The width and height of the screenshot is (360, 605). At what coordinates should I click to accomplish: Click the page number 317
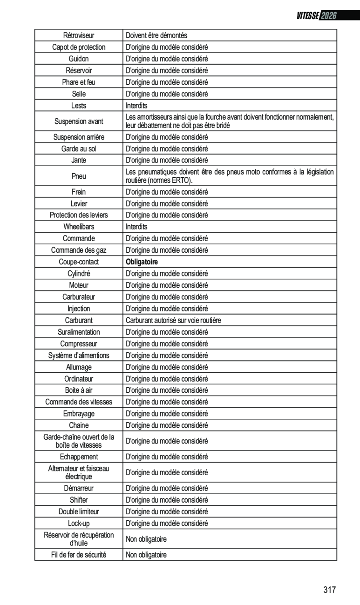click(329, 590)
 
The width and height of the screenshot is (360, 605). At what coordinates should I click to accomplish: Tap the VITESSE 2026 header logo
click(316, 16)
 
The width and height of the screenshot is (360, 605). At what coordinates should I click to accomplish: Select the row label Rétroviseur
click(79, 35)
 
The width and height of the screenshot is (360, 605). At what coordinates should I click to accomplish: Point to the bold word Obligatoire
click(142, 262)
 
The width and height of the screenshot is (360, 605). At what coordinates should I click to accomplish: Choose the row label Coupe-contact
click(79, 262)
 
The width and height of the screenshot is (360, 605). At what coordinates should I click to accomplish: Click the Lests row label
click(79, 106)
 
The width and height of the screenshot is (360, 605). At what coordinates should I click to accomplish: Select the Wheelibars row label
click(79, 227)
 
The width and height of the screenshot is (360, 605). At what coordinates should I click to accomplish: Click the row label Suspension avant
click(79, 121)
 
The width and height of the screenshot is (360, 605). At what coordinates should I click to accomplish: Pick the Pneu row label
click(79, 176)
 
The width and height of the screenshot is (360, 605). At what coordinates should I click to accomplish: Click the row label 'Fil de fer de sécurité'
click(79, 555)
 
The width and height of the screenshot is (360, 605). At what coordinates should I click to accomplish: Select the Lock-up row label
click(79, 523)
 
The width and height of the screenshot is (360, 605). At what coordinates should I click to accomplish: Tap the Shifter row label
click(79, 500)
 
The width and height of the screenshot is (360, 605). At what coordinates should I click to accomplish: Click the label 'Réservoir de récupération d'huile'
click(79, 539)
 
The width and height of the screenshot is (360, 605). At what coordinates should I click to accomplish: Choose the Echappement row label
click(79, 457)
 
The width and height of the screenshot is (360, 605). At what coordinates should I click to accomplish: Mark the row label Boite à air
click(79, 390)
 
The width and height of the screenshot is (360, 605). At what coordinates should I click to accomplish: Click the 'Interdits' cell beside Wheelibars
click(136, 227)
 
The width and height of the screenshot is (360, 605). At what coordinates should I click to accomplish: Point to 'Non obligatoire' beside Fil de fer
click(146, 555)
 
